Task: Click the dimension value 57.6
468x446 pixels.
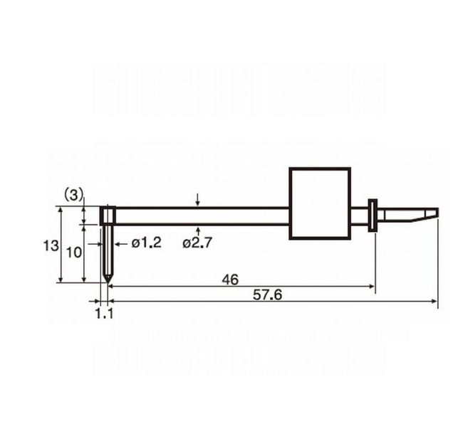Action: point(267,295)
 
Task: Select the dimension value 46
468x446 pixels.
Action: point(230,280)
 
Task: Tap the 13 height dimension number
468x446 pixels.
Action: point(51,246)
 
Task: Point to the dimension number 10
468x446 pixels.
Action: point(73,253)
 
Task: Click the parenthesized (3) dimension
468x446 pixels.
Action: point(73,195)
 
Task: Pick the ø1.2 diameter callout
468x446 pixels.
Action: point(147,243)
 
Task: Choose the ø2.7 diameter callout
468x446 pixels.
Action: point(197,243)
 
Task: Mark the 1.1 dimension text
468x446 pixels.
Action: point(104,313)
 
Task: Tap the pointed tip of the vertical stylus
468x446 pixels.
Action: point(108,282)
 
